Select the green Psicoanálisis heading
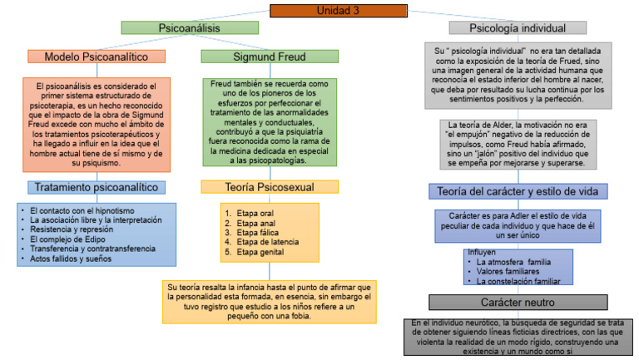(189, 27)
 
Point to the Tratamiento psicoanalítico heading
(97, 187)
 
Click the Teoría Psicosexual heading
(259, 187)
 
